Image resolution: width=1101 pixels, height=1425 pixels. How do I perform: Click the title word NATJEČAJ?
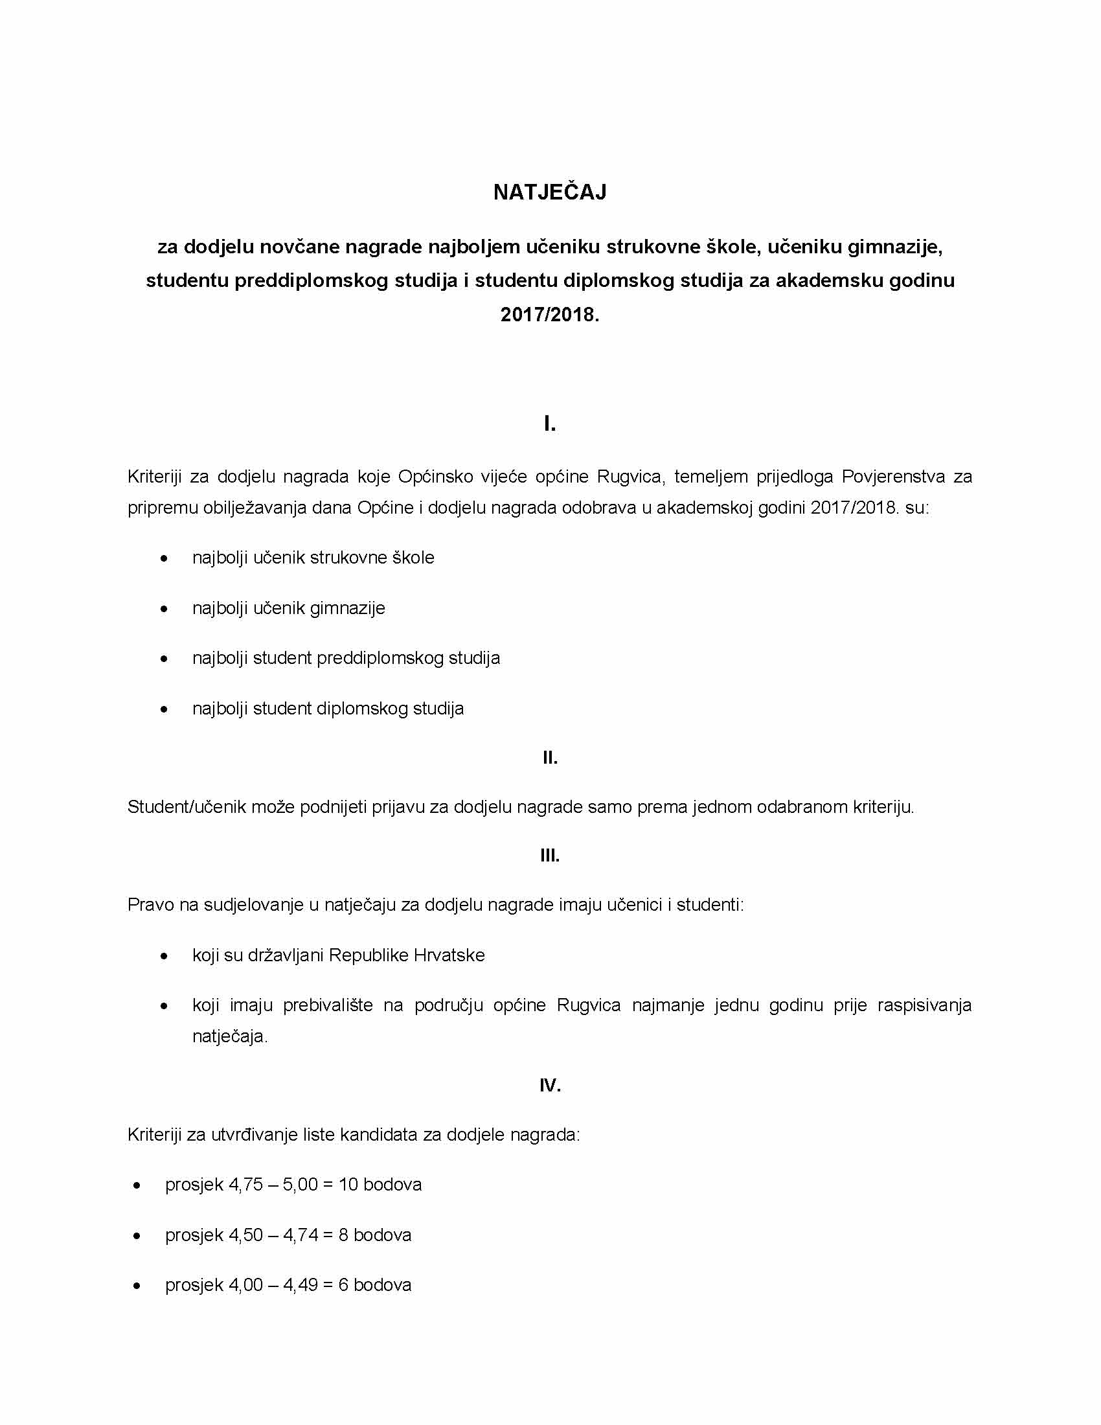(x=550, y=192)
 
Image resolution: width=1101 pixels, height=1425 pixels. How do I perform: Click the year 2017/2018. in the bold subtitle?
(x=550, y=315)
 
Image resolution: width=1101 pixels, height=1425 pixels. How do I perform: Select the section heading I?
(x=550, y=425)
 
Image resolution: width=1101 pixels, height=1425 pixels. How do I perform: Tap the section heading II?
(x=550, y=758)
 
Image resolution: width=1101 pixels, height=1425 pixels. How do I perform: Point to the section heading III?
(x=550, y=856)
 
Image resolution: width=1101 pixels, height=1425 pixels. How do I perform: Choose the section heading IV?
(x=550, y=1085)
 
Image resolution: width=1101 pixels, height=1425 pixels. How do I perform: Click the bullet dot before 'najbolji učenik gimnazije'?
(x=165, y=609)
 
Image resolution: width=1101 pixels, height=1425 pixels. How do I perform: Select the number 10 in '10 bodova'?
(x=348, y=1184)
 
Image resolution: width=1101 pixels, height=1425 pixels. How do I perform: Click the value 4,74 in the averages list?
(x=300, y=1235)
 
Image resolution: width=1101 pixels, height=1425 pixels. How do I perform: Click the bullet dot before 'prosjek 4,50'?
(x=137, y=1236)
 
